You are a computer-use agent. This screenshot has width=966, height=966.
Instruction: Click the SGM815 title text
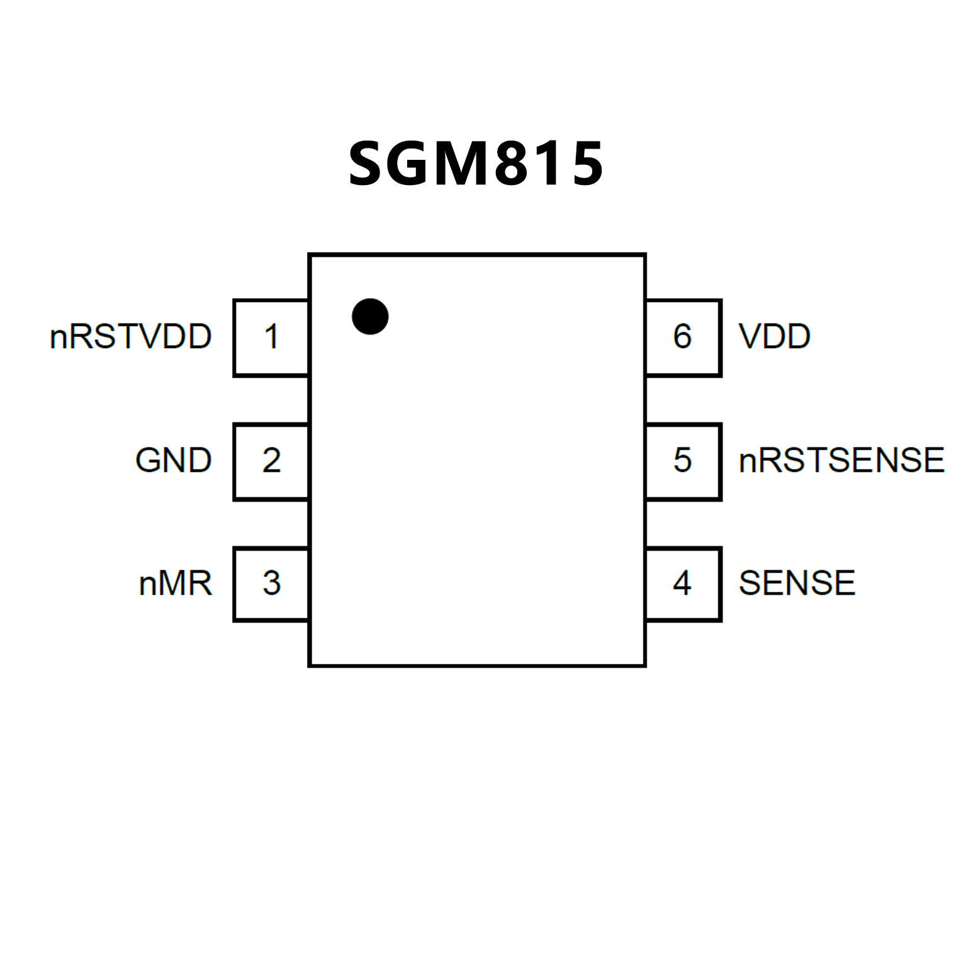coord(476,164)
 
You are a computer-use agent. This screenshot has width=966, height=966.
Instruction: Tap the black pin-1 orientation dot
coord(370,317)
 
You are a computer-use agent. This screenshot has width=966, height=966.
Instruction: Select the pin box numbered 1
coord(271,337)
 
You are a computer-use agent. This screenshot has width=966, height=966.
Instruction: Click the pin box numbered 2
coord(271,461)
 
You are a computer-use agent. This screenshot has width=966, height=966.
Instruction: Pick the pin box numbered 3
coord(271,584)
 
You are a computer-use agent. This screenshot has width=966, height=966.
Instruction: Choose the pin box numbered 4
coord(683,584)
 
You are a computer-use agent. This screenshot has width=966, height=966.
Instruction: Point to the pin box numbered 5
coord(683,461)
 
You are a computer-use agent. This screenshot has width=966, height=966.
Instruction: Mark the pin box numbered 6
coord(683,337)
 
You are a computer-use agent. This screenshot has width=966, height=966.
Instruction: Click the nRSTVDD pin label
coord(130,337)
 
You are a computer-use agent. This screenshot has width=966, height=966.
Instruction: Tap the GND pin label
coord(173,461)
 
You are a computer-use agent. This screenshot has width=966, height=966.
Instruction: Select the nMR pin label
coord(175,583)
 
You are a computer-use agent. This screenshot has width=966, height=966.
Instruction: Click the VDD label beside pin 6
coord(774,337)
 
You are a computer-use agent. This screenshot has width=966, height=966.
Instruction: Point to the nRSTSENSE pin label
coord(841,461)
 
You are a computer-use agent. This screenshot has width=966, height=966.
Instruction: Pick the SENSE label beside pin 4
coord(797,583)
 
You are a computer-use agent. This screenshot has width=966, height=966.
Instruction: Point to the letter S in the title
coord(368,164)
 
